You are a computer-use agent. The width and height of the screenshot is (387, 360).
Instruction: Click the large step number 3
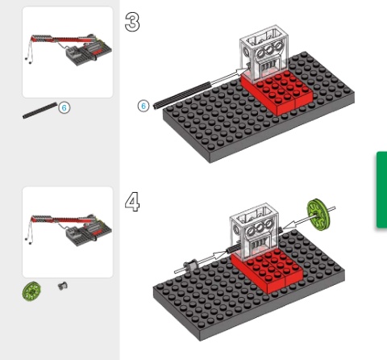[x=132, y=22]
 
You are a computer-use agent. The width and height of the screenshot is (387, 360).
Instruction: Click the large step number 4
[x=132, y=202]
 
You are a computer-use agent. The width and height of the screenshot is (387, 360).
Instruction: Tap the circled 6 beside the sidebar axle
[x=64, y=107]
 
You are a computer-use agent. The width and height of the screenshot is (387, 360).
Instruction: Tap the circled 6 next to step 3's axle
[x=144, y=106]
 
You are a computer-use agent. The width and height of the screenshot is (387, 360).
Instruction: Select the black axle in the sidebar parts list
[x=40, y=111]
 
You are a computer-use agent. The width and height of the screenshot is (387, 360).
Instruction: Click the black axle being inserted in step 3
[x=182, y=95]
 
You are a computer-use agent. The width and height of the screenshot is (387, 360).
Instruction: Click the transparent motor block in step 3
[x=264, y=53]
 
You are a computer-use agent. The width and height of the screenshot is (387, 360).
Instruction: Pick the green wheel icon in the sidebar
[x=31, y=291]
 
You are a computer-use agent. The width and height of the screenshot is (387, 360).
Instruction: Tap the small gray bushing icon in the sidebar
[x=63, y=286]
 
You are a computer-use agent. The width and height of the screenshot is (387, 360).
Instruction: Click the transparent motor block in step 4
[x=254, y=232]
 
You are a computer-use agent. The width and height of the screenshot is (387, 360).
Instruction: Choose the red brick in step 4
[x=268, y=270]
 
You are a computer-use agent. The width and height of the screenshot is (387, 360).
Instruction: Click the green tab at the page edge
[x=381, y=190]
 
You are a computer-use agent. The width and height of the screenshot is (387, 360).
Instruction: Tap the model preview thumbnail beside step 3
[x=68, y=52]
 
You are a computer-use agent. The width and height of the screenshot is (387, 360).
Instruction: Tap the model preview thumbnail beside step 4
[x=68, y=232]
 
